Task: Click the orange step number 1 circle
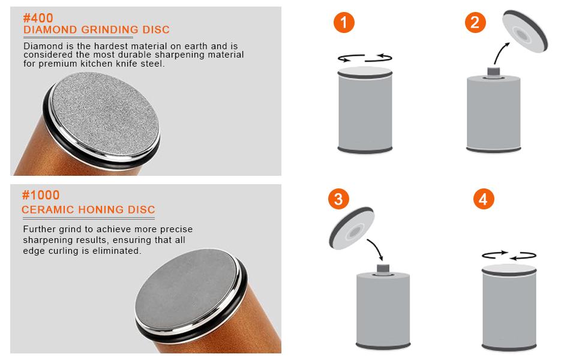[x=344, y=23]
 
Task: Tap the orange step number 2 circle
[x=475, y=23]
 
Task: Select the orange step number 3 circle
[x=338, y=199]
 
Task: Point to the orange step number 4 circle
[x=483, y=199]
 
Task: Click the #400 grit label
[x=38, y=18]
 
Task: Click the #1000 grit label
[x=41, y=195]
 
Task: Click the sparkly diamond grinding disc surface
[x=105, y=113]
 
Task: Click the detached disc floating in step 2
[x=525, y=31]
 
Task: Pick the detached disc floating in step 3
[x=351, y=228]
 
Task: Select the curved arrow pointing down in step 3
[x=376, y=250]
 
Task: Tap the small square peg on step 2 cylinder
[x=493, y=71]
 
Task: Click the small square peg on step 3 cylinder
[x=383, y=268]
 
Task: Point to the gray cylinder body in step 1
[x=365, y=112]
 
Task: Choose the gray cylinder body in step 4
[x=509, y=310]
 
